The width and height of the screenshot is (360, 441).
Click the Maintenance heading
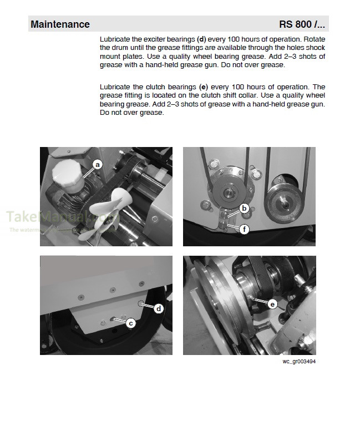[60, 24]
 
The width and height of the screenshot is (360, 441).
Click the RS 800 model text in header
[302, 24]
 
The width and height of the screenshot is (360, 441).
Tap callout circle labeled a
[98, 164]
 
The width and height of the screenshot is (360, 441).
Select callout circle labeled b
[244, 209]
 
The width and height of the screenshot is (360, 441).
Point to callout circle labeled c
[131, 323]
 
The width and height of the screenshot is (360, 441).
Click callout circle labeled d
[158, 308]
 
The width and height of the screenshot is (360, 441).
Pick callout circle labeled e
[272, 303]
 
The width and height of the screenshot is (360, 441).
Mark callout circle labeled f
[244, 227]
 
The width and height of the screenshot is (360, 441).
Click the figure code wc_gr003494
[299, 362]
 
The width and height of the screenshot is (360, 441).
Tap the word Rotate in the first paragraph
[313, 40]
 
